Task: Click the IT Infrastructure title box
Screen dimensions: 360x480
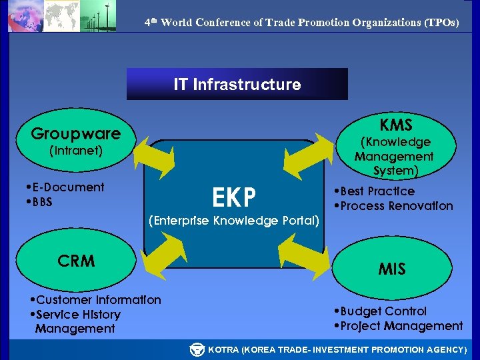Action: (237, 84)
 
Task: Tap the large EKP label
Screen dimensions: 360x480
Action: (233, 197)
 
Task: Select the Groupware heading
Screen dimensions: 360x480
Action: (75, 133)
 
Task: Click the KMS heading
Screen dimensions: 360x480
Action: (396, 125)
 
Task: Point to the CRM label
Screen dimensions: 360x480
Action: (76, 261)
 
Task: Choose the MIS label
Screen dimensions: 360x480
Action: (391, 269)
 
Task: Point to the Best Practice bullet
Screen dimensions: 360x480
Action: (377, 191)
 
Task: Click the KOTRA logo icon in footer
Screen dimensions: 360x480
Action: (197, 349)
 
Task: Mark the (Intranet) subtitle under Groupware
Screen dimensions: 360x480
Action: (75, 151)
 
